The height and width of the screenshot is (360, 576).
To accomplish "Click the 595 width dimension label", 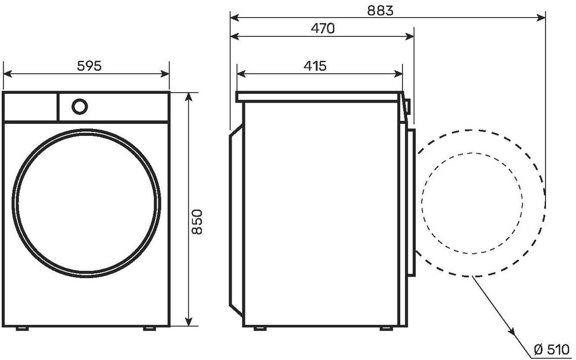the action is coord(89,66).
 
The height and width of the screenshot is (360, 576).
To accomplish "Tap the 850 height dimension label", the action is coord(197,222).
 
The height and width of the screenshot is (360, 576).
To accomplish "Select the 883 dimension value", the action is coord(380,10).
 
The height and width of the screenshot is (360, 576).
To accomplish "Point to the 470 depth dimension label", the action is coord(323,28).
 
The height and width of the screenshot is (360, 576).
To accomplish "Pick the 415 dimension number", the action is coord(315,66).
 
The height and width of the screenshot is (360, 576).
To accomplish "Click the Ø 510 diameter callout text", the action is coord(552,349).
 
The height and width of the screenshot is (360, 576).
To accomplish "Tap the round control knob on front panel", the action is coord(79,107).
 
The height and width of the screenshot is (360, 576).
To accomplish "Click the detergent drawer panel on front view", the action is coord(31,107).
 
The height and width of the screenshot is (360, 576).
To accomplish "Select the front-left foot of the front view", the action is coord(22,328).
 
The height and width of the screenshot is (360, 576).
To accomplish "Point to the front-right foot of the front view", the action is coord(150,328).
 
